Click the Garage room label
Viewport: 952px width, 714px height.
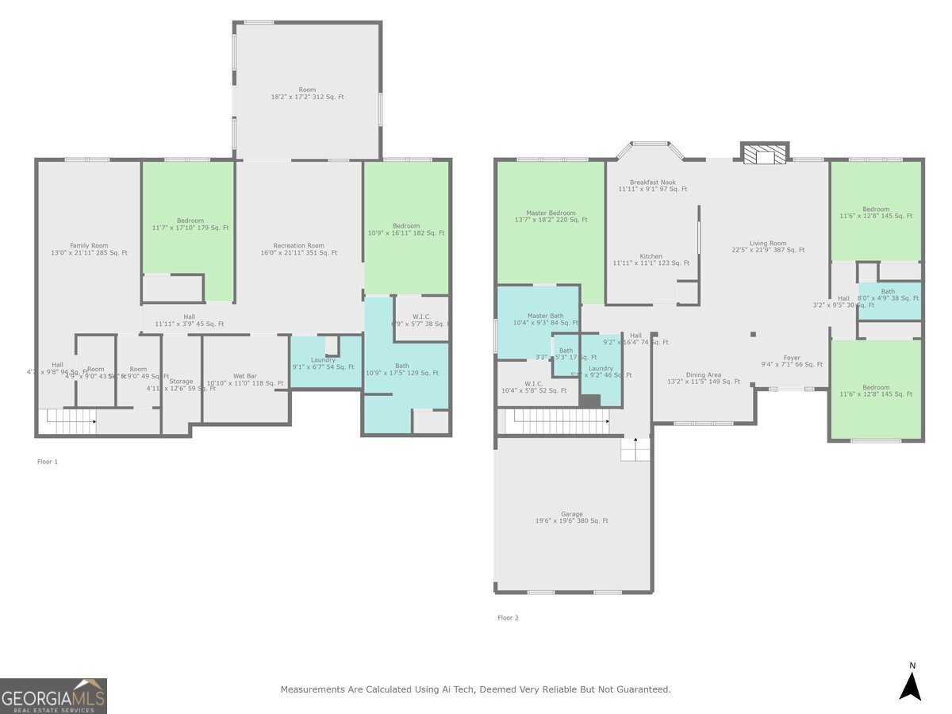(x=571, y=517)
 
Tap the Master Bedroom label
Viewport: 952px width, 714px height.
(x=551, y=216)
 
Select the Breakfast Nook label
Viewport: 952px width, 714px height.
(x=652, y=186)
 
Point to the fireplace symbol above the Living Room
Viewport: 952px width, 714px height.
(x=765, y=153)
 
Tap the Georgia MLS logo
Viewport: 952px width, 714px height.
(x=53, y=696)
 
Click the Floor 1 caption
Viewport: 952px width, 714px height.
(x=48, y=461)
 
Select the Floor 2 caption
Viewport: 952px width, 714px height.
(x=508, y=617)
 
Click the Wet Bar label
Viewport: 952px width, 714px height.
(x=244, y=379)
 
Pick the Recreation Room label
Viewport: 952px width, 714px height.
(x=298, y=249)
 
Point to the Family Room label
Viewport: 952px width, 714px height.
(x=89, y=249)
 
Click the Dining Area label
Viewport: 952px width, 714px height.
(x=704, y=378)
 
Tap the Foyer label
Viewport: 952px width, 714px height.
(x=792, y=361)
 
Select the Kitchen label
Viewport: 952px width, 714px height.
(x=651, y=259)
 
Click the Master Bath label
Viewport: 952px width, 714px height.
(x=545, y=319)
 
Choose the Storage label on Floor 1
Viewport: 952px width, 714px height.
(x=181, y=385)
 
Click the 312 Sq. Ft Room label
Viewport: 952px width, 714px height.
(x=307, y=93)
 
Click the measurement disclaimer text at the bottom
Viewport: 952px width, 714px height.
(x=475, y=689)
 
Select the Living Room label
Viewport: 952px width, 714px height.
(x=768, y=246)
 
